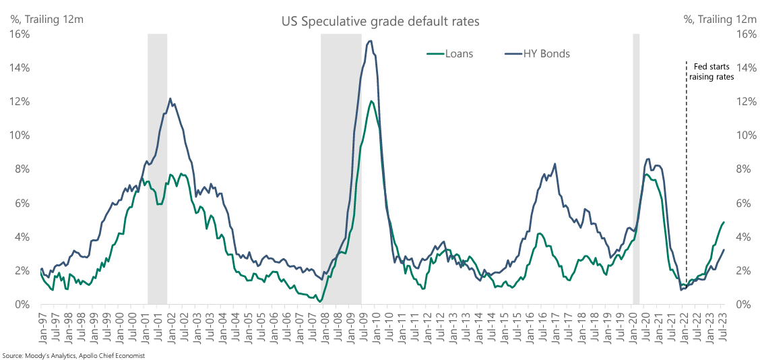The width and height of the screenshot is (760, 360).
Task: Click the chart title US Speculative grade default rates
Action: [x=380, y=22]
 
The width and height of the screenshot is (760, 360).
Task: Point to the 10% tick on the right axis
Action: [x=739, y=136]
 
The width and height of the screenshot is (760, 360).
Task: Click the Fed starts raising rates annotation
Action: [x=711, y=71]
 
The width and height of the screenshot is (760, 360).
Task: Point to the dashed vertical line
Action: [x=686, y=202]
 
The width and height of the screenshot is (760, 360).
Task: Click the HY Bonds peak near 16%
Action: [x=371, y=42]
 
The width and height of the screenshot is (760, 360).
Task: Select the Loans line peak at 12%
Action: [x=371, y=102]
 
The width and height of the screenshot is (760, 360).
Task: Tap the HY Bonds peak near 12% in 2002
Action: [x=170, y=99]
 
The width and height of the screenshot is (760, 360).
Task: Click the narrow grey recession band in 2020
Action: [x=636, y=169]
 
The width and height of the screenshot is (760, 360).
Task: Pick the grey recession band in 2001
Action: [x=157, y=169]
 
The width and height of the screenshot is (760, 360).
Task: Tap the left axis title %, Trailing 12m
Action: [x=46, y=19]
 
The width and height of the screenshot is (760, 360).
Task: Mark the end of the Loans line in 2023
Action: [x=724, y=222]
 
